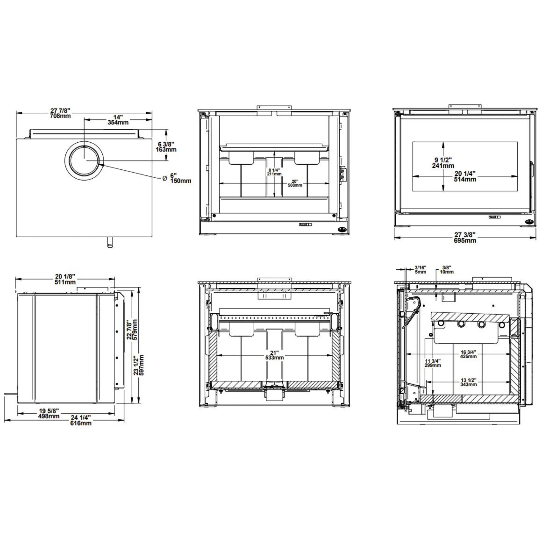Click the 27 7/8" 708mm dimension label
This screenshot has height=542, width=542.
(60, 113)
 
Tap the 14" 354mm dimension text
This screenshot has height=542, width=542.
(118, 120)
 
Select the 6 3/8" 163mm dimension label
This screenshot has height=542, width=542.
(166, 147)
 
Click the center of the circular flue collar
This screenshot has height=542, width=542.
(84, 161)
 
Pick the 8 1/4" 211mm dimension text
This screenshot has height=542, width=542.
(274, 172)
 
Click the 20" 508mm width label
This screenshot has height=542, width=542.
(295, 183)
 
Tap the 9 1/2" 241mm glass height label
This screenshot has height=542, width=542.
(443, 163)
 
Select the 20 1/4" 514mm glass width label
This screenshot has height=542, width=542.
(465, 176)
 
